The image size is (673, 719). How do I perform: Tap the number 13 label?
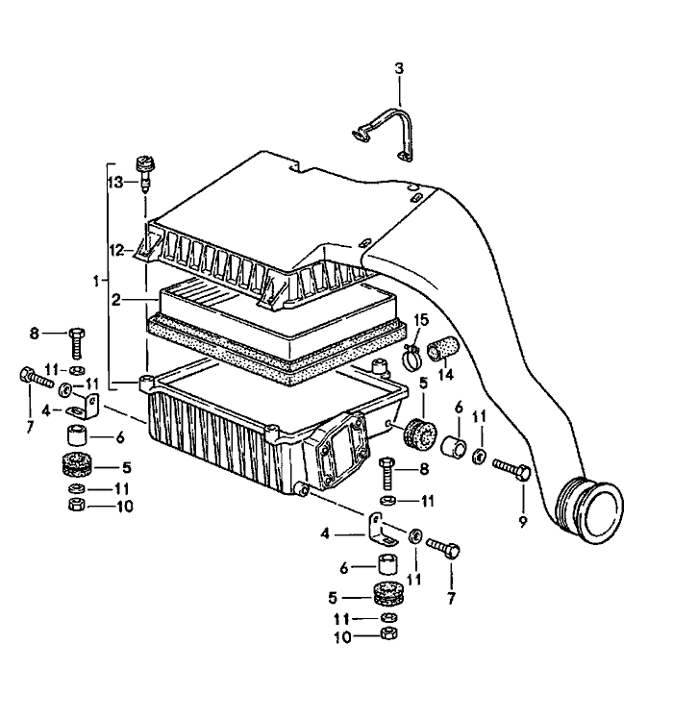click(x=115, y=183)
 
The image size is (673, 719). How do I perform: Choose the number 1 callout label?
click(x=96, y=281)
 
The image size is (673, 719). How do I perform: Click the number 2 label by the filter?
click(x=115, y=300)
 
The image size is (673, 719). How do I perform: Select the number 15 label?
click(x=420, y=319)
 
